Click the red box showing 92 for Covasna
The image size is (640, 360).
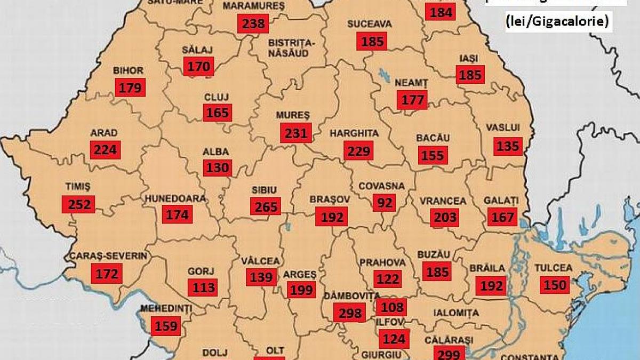[383, 203]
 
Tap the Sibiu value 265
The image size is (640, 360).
[266, 206]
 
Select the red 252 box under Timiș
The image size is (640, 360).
[78, 204]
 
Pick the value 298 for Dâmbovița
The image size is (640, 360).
[350, 313]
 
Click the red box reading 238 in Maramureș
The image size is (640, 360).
[253, 23]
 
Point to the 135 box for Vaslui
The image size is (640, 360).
[507, 145]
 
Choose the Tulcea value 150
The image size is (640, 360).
[555, 285]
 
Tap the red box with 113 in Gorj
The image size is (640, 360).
[203, 288]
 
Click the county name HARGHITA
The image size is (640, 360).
[354, 133]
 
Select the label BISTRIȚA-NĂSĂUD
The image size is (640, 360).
[292, 47]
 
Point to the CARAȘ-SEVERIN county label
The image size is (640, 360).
[108, 256]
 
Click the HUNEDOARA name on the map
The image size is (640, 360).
[175, 198]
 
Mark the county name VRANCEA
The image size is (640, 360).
[443, 201]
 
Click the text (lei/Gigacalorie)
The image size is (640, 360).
[557, 23]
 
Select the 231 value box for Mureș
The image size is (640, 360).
[296, 133]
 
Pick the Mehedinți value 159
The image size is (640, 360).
[166, 326]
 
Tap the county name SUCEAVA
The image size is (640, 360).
[370, 24]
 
